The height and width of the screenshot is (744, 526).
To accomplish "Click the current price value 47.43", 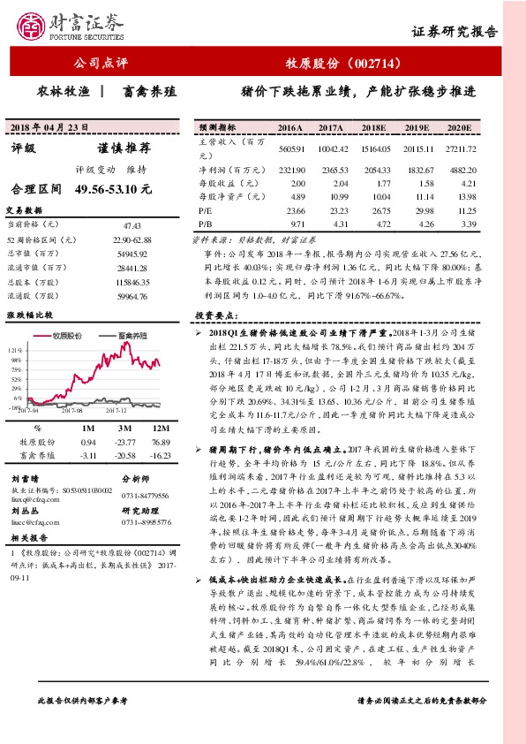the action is tap(133, 226).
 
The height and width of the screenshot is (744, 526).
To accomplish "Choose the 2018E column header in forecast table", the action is tap(375, 127).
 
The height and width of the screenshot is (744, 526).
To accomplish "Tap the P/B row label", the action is tap(205, 224).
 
